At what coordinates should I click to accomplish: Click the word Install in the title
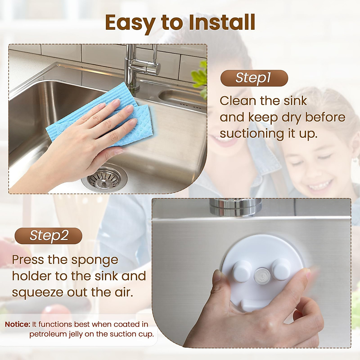(222, 23)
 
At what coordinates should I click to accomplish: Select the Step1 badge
(254, 78)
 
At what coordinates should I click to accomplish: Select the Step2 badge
(48, 235)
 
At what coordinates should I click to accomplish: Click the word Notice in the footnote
(17, 324)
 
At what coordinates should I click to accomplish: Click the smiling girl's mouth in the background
(319, 184)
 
